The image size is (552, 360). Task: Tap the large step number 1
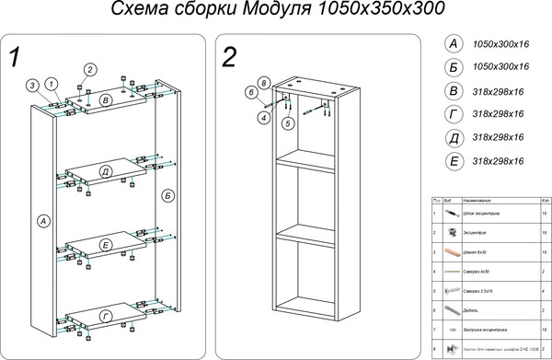point(14,58)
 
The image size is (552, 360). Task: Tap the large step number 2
point(230,58)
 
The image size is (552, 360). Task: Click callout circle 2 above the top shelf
point(90,69)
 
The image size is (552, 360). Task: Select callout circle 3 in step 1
point(31,86)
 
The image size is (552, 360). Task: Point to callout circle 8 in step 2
point(263,84)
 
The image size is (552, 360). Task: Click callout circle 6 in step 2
point(249,92)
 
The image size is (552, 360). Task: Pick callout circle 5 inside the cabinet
point(288,122)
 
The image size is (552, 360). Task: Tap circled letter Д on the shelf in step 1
point(107,172)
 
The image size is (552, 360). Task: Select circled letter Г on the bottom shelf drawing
point(108,316)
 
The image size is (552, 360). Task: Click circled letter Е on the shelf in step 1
point(107,244)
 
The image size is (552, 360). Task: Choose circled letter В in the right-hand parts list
point(452,90)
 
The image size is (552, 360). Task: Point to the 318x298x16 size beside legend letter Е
point(498,161)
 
